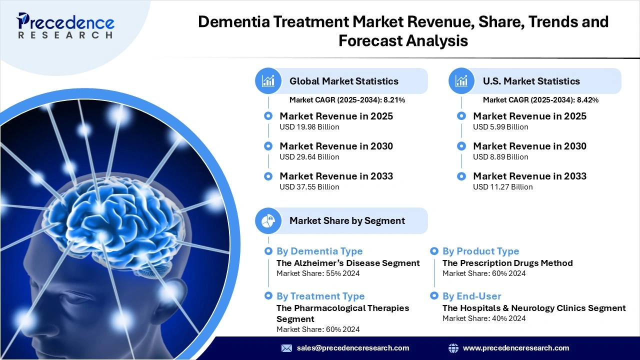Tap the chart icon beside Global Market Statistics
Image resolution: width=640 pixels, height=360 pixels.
pos(268,81)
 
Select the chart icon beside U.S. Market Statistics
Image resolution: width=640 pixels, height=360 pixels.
pos(461,81)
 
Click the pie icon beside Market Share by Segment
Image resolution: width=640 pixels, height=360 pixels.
pos(268,220)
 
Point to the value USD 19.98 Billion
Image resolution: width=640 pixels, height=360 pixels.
pos(309,127)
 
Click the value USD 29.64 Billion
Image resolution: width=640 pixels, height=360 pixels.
pos(309,157)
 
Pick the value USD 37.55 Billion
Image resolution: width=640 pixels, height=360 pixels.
pos(309,187)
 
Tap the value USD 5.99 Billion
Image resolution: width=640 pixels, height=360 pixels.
pos(500,127)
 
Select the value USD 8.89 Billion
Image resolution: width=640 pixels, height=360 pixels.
pos(500,157)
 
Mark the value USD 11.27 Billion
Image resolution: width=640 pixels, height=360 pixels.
pos(502,187)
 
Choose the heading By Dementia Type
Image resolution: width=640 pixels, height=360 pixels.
pos(319,251)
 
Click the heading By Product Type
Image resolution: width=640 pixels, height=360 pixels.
pos(480,251)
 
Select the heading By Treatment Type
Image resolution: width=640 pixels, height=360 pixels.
pos(320,296)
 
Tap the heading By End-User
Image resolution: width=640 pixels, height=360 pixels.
pos(471,296)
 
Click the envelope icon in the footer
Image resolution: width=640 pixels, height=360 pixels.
pos(286,348)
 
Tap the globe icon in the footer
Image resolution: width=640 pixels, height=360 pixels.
pos(453,348)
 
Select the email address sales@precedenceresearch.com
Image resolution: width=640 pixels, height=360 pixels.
pos(353,348)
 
